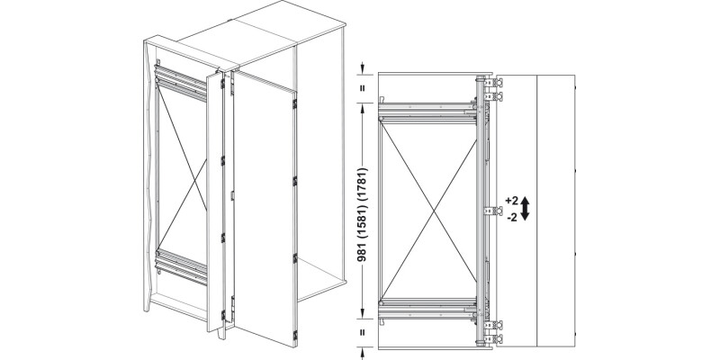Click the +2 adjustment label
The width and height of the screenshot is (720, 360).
point(511,201)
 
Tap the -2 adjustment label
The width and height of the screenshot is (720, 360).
point(512,218)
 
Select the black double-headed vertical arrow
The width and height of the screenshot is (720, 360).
point(526,209)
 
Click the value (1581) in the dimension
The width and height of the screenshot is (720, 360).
point(363,220)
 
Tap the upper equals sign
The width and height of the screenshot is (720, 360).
point(363,87)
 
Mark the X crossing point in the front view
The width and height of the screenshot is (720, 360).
point(432,211)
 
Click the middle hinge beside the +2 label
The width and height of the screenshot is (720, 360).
point(493,211)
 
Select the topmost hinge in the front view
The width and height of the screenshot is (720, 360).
point(493,83)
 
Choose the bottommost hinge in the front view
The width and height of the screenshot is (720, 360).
point(493,339)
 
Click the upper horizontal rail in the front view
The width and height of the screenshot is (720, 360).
point(427,113)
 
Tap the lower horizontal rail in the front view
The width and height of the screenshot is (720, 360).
point(427,309)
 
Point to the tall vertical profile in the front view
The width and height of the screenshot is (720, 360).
point(481,211)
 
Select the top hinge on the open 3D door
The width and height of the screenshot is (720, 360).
point(294,103)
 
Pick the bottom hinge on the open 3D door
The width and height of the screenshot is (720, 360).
point(294,336)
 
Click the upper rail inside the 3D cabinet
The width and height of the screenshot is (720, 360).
point(181,83)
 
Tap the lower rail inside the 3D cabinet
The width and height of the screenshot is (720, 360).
point(181,266)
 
